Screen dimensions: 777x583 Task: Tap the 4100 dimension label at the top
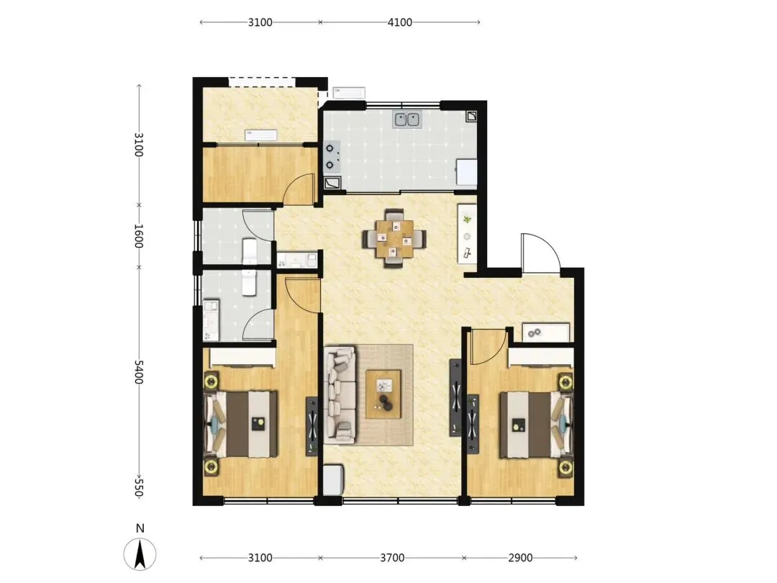pyautogui.click(x=399, y=22)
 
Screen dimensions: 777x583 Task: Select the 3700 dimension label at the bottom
pyautogui.click(x=392, y=558)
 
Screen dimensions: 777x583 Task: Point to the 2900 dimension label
pyautogui.click(x=520, y=558)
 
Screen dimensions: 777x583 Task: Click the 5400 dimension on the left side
pyautogui.click(x=139, y=372)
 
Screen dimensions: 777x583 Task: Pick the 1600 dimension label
pyautogui.click(x=139, y=236)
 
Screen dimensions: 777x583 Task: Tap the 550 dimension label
pyautogui.click(x=139, y=487)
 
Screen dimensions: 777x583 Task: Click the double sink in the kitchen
pyautogui.click(x=406, y=119)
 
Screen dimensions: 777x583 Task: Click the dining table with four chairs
pyautogui.click(x=394, y=238)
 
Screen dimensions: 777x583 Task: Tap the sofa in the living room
pyautogui.click(x=340, y=395)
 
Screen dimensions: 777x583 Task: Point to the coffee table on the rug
pyautogui.click(x=383, y=394)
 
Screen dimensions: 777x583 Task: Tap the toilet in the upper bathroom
pyautogui.click(x=249, y=251)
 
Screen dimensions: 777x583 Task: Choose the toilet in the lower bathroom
pyautogui.click(x=249, y=283)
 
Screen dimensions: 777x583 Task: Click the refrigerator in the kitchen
pyautogui.click(x=466, y=172)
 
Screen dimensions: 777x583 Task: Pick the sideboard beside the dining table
pyautogui.click(x=467, y=233)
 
